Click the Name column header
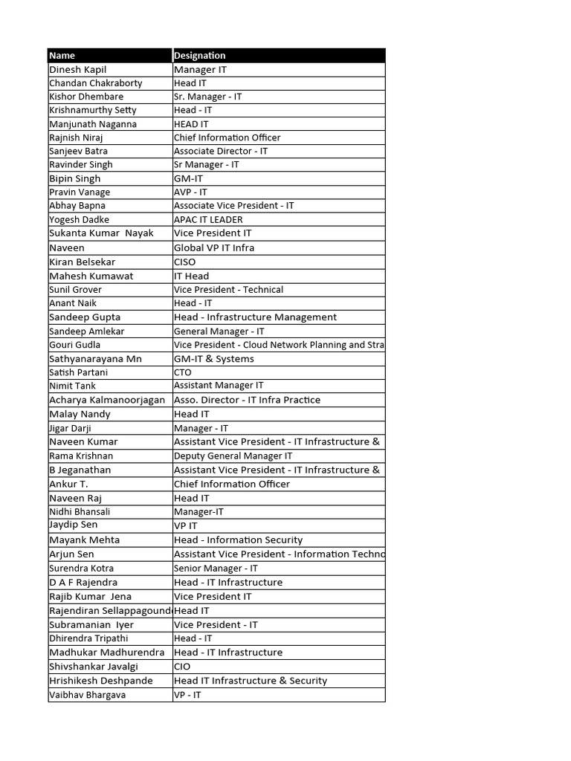click(62, 56)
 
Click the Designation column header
click(199, 56)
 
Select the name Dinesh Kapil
click(78, 69)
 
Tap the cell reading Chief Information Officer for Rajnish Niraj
click(227, 137)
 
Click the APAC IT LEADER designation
click(208, 219)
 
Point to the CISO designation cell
click(186, 262)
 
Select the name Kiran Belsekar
click(82, 262)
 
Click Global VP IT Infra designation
click(214, 247)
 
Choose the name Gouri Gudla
click(74, 345)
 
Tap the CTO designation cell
click(183, 372)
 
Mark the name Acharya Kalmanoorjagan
click(107, 400)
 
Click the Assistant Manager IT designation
click(219, 386)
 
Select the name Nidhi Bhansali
click(80, 512)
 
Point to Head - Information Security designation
click(238, 540)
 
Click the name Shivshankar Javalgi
click(94, 667)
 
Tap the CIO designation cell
click(182, 667)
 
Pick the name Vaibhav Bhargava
click(87, 695)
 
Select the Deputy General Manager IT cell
click(233, 456)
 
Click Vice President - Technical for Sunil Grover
click(228, 289)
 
